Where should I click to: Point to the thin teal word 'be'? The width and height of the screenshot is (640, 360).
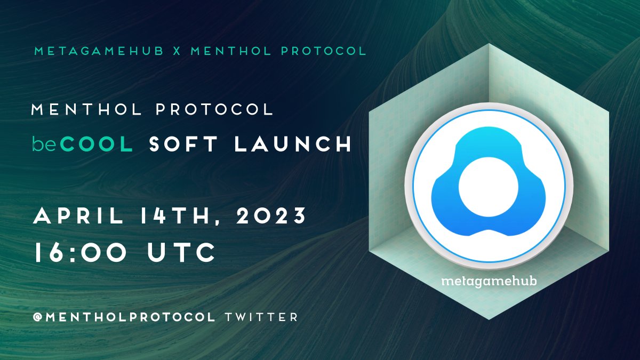pyautogui.click(x=44, y=145)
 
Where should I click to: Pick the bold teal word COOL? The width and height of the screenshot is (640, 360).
pyautogui.click(x=97, y=145)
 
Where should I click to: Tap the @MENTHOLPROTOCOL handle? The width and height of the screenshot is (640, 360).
pyautogui.click(x=124, y=317)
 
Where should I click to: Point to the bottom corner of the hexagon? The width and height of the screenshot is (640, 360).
pyautogui.click(x=489, y=319)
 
